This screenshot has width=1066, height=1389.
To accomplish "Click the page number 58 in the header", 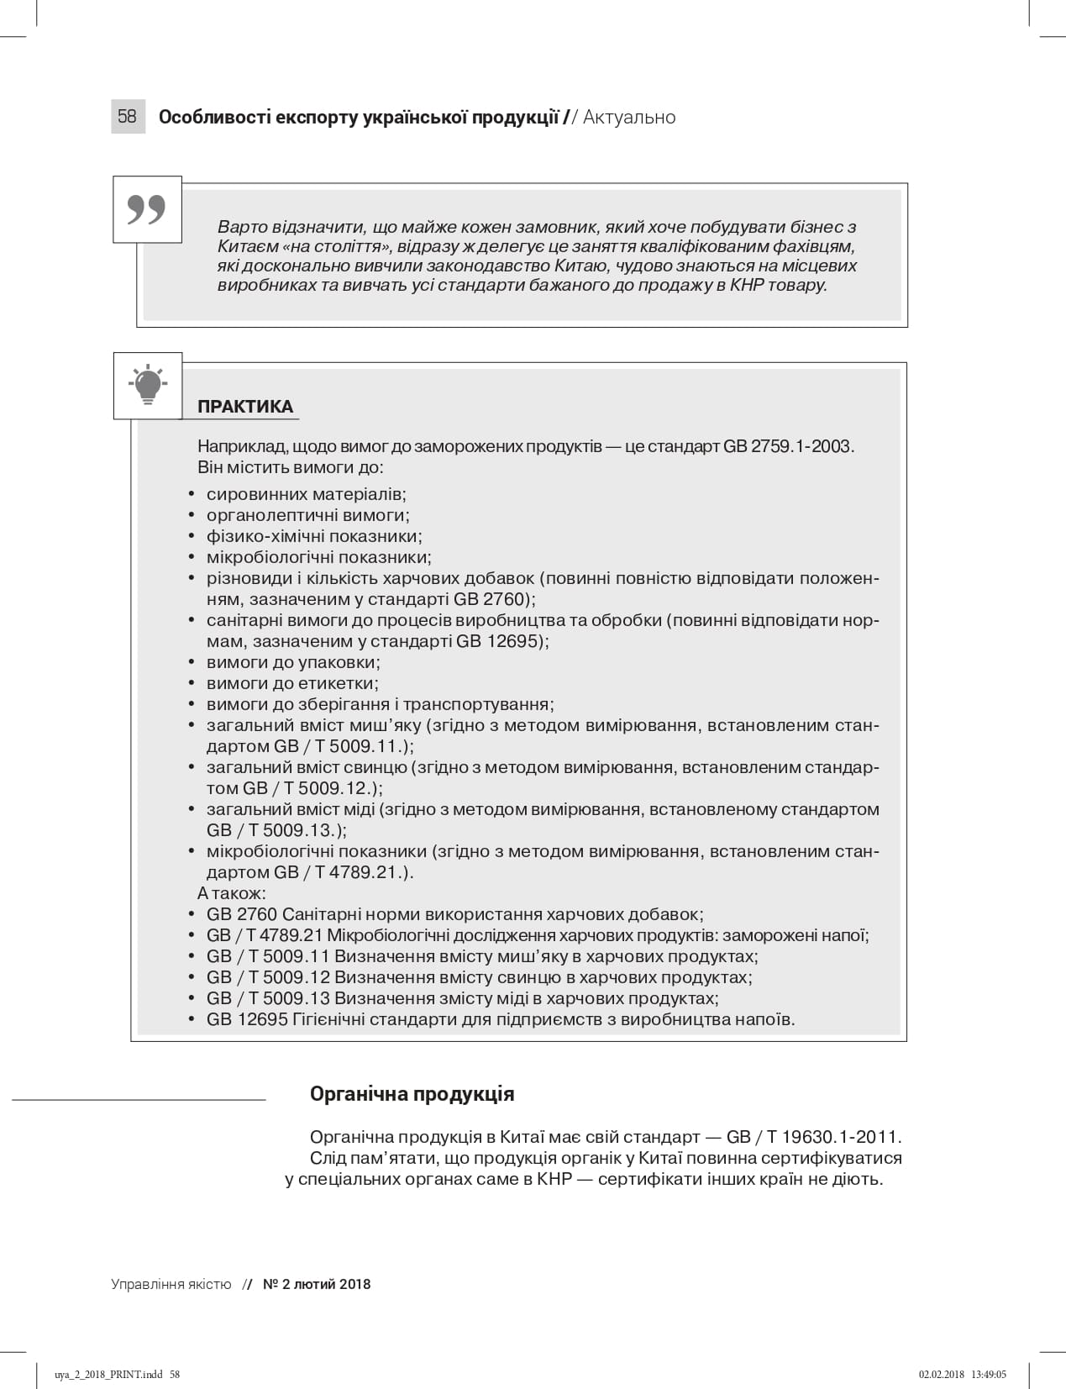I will pyautogui.click(x=127, y=117).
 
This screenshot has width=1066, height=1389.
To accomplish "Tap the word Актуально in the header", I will pyautogui.click(x=629, y=118).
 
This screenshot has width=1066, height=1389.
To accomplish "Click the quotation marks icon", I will pyautogui.click(x=147, y=210).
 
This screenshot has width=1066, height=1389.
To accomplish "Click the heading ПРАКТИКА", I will pyautogui.click(x=245, y=408).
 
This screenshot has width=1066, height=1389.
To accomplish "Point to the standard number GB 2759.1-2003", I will pyautogui.click(x=788, y=446).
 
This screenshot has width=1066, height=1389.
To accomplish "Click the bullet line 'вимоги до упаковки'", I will pyautogui.click(x=293, y=662).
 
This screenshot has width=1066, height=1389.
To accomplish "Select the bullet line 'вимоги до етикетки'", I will pyautogui.click(x=292, y=683).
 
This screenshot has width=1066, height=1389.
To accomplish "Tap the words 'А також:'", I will pyautogui.click(x=231, y=893).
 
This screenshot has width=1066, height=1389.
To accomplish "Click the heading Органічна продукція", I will pyautogui.click(x=412, y=1094).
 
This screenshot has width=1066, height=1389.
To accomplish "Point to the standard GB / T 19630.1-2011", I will pyautogui.click(x=813, y=1137).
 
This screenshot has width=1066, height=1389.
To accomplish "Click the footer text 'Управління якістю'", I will pyautogui.click(x=171, y=1284).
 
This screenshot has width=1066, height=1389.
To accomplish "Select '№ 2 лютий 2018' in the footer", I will pyautogui.click(x=317, y=1284).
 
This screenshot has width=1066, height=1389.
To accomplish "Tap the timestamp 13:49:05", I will pyautogui.click(x=989, y=1375).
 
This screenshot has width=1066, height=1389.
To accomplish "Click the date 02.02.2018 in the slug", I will pyautogui.click(x=942, y=1375).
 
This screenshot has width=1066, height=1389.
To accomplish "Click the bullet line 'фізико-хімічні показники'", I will pyautogui.click(x=314, y=536).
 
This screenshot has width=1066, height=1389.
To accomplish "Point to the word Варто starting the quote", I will pyautogui.click(x=240, y=227).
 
